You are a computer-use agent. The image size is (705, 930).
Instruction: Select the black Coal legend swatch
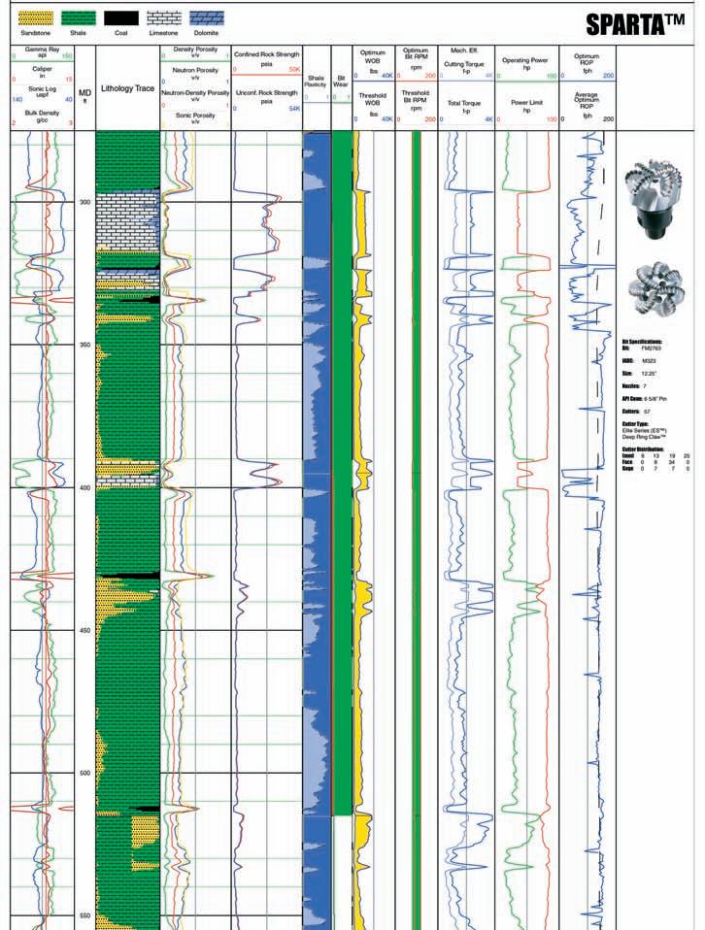pyautogui.click(x=121, y=17)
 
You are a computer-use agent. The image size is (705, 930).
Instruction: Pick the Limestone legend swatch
pyautogui.click(x=163, y=17)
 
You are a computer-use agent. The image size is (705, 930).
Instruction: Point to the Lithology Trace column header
pyautogui.click(x=127, y=87)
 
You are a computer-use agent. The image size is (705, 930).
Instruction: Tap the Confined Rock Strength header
pyautogui.click(x=266, y=54)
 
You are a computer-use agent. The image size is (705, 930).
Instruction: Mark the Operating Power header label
pyautogui.click(x=526, y=59)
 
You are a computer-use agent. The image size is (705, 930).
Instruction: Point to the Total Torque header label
pyautogui.click(x=465, y=102)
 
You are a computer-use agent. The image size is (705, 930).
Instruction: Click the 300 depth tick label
pyautogui.click(x=84, y=202)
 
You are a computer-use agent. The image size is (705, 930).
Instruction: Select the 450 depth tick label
pyautogui.click(x=84, y=631)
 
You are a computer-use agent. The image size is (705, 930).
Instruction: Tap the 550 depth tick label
pyautogui.click(x=84, y=915)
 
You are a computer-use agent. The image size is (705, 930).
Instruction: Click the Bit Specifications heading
pyautogui.click(x=641, y=342)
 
